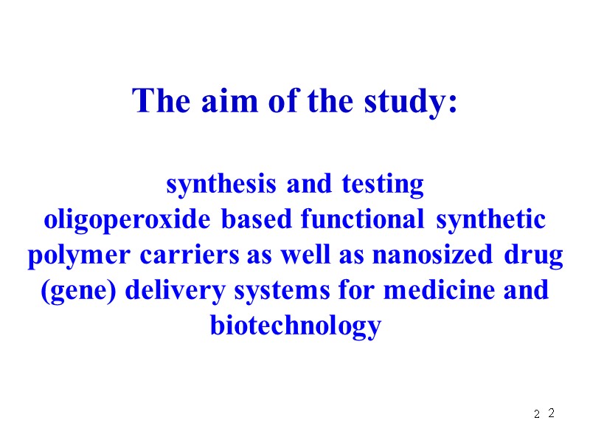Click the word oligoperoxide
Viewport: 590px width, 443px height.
click(130, 220)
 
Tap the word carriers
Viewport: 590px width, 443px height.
click(190, 255)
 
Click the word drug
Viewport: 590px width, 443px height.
click(533, 255)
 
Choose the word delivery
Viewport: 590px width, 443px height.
click(172, 291)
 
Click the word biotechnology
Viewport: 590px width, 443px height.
click(295, 326)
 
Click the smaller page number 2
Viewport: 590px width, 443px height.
click(537, 416)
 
